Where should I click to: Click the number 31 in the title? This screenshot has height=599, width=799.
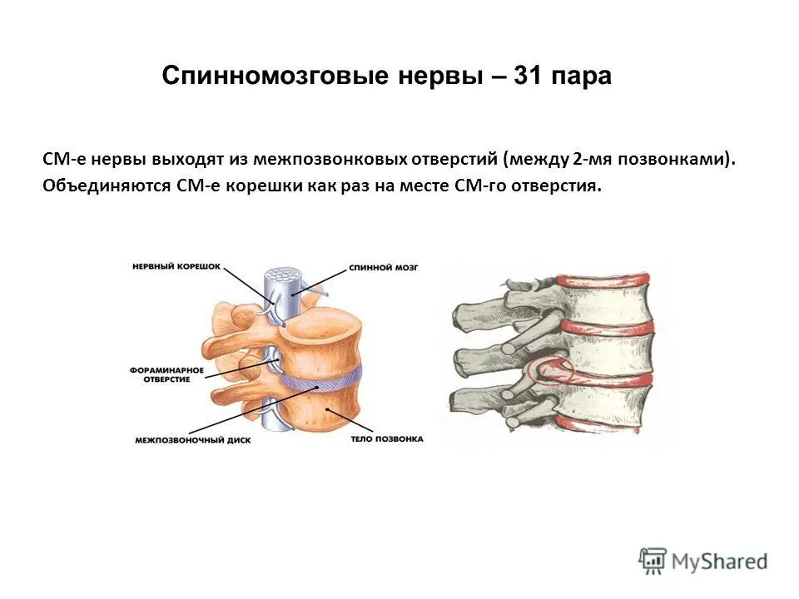coord(529,77)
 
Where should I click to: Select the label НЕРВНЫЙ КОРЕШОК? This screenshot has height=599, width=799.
coord(176,266)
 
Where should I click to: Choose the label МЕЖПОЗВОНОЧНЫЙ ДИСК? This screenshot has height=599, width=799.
coord(182,438)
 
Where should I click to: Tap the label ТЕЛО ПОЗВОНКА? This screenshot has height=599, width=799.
coord(388,438)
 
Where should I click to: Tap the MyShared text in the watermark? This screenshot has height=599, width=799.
coord(720,561)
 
